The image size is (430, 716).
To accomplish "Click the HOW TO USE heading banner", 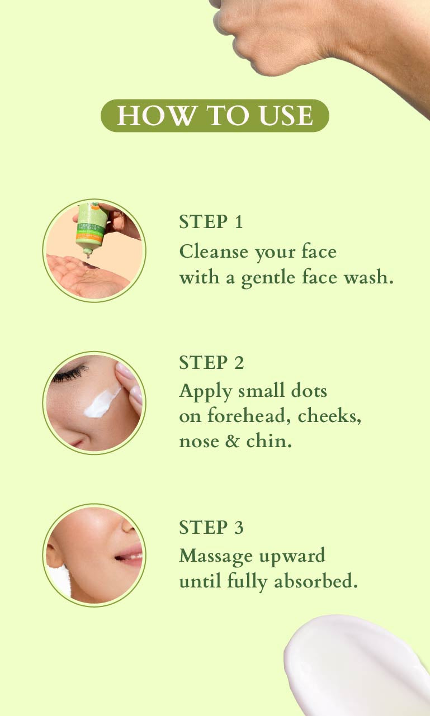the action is point(215,115).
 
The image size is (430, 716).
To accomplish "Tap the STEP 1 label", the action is point(211,221).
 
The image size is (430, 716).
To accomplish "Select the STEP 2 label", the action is point(211,363).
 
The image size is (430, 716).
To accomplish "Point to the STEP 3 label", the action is point(211,527).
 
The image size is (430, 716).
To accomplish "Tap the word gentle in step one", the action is point(268,277).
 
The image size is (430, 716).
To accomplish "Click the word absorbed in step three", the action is point(316,581).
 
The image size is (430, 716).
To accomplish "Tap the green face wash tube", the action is point(91,227).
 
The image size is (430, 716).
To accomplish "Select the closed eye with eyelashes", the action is point(70,373).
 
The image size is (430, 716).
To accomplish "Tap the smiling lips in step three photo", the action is point(130,557).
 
